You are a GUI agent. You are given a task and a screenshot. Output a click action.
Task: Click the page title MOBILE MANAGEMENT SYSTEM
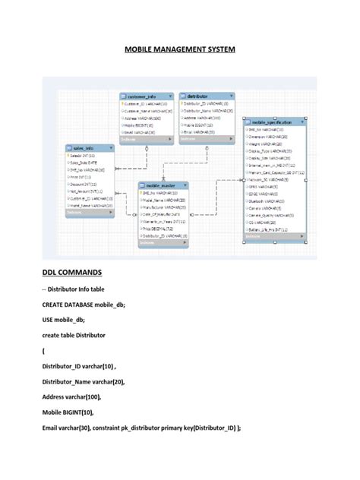pyautogui.click(x=180, y=50)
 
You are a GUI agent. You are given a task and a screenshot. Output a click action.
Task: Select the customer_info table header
pyautogui.click(x=144, y=96)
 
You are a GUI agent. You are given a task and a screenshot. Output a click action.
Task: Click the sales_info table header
pyautogui.click(x=85, y=149)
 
